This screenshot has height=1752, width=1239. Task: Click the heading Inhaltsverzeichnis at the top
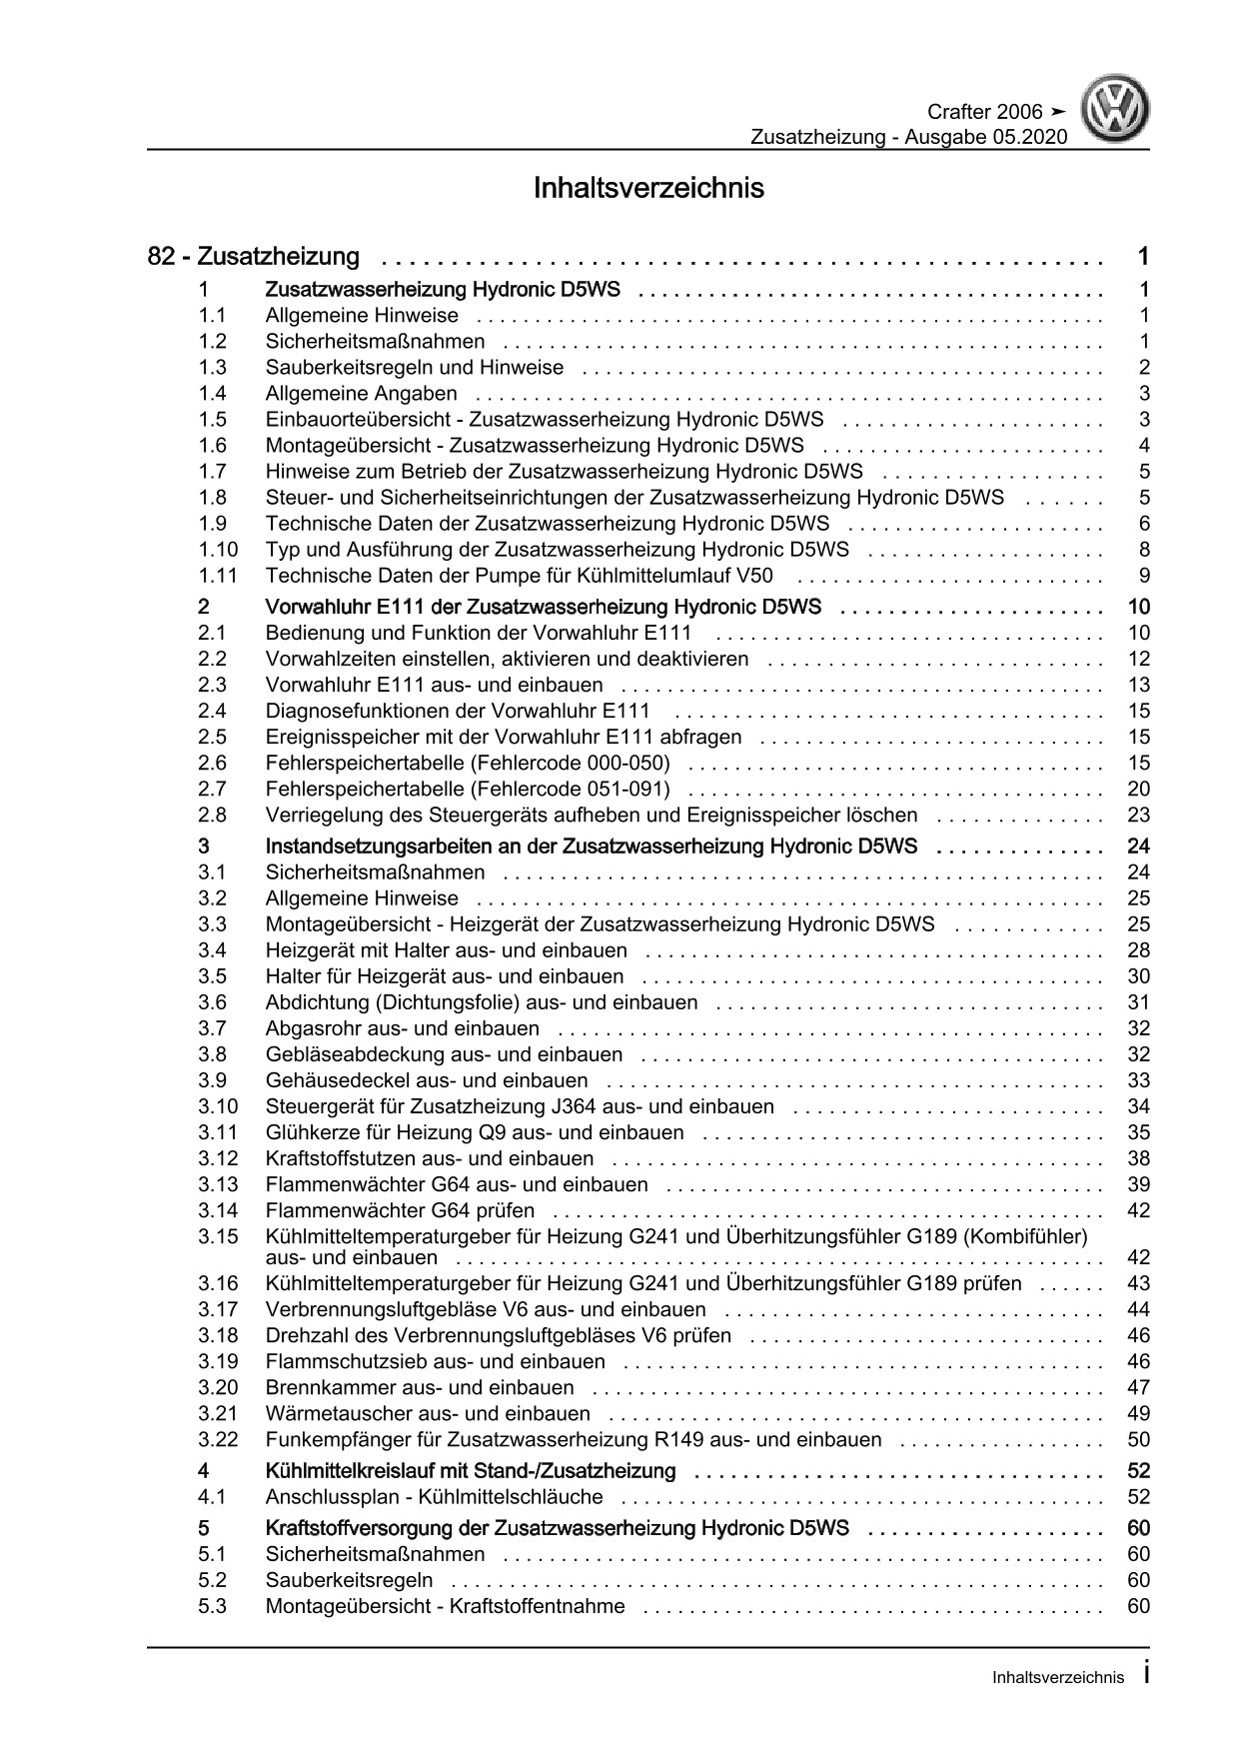pos(648,188)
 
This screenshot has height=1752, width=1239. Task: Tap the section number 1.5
pos(212,420)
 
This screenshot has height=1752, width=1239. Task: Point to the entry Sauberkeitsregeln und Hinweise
pos(414,368)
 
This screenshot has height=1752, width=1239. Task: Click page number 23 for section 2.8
pos(1138,815)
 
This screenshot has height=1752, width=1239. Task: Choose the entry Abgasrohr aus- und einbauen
pos(402,1028)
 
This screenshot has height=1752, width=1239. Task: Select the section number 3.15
pos(218,1236)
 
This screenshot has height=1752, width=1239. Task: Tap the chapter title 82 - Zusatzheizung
pos(254,257)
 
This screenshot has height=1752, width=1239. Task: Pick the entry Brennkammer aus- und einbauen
pos(420,1387)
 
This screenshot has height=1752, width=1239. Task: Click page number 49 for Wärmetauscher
pos(1138,1413)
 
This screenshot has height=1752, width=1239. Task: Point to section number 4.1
pos(212,1497)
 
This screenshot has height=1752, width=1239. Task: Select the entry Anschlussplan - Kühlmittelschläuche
pos(434,1497)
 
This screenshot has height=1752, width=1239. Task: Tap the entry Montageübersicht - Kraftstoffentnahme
pos(445,1606)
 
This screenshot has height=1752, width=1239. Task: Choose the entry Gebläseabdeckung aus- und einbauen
pos(444,1054)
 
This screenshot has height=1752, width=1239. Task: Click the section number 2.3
pos(212,685)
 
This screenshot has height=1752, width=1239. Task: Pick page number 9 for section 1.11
pos(1144,576)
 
